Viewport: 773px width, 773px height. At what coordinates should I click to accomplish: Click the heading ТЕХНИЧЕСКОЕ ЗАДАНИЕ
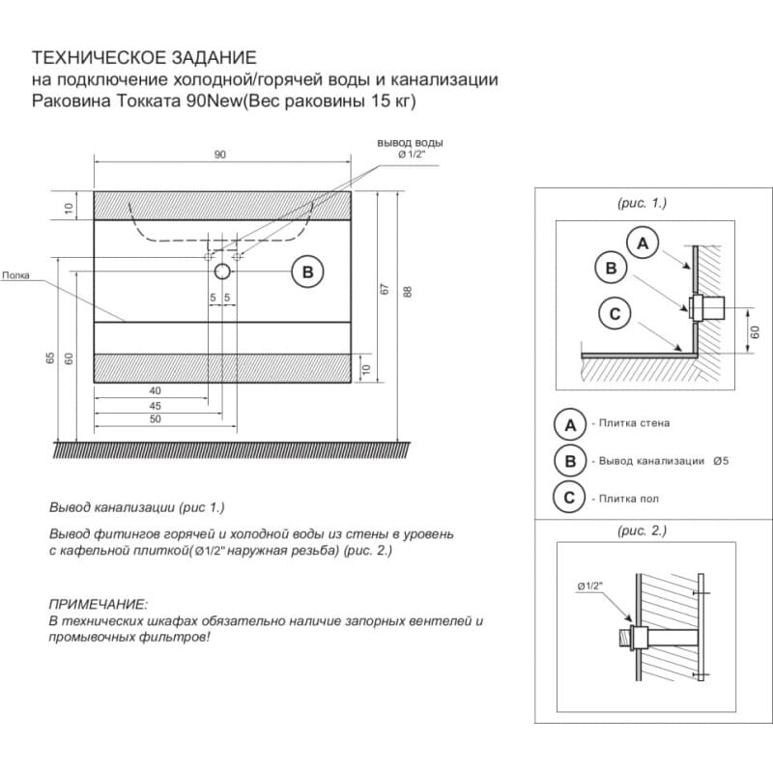145,59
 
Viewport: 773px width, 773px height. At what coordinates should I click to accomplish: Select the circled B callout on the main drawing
307,272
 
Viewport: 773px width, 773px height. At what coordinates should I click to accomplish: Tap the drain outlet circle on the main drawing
222,272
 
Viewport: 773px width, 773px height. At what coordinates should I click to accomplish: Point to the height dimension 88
407,291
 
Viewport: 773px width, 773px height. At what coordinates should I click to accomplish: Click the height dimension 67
384,289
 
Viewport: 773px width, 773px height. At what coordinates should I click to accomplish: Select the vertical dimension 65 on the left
49,358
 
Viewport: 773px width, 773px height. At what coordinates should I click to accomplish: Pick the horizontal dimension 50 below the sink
155,421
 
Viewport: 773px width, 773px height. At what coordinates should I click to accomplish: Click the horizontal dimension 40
155,390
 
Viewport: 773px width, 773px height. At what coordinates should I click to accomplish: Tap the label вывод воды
410,142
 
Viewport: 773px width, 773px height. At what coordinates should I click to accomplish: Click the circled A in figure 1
643,243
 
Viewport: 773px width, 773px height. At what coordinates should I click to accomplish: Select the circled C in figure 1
616,313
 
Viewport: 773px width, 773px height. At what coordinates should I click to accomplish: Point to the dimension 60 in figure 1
756,331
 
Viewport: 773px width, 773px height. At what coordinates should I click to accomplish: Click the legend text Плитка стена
634,423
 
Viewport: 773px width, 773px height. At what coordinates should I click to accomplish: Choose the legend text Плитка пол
628,498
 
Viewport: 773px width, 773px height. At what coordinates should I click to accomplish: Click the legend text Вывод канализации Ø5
663,461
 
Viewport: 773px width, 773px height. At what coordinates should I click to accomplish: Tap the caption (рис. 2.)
642,530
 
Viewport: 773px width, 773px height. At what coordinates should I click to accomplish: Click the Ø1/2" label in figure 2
589,587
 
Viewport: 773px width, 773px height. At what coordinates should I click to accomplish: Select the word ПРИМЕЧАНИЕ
98,602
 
